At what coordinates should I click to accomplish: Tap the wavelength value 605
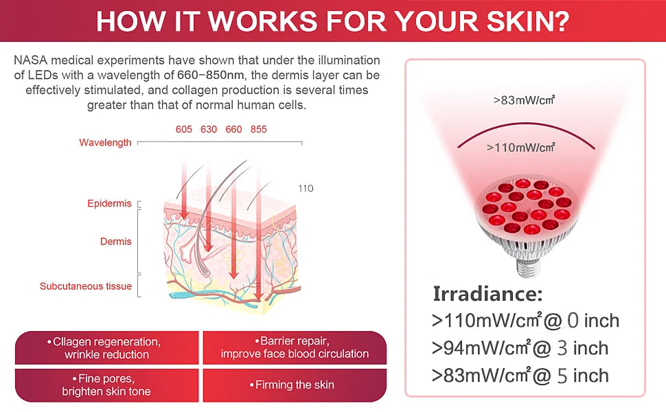pos(183,129)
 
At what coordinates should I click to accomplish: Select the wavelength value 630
pos(209,129)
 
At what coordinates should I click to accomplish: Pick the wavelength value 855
pos(259,129)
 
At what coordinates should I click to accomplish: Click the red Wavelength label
pos(105,143)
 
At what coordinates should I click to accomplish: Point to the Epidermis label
pos(109,204)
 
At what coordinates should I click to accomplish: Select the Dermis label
pos(115,242)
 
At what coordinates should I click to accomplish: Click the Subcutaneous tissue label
pos(85,286)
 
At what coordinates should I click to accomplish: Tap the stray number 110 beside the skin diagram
pos(306,188)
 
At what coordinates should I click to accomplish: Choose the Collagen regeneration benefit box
pos(106,347)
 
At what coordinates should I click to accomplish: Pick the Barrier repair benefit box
pos(295,347)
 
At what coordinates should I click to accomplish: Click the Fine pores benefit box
pos(106,385)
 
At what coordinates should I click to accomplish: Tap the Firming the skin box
pos(295,385)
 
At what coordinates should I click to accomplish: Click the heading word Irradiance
pos(487,294)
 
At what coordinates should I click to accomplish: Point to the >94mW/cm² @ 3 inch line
pos(520,348)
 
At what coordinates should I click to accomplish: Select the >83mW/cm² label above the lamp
pos(524,100)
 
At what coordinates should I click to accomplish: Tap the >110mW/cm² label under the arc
pos(520,147)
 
